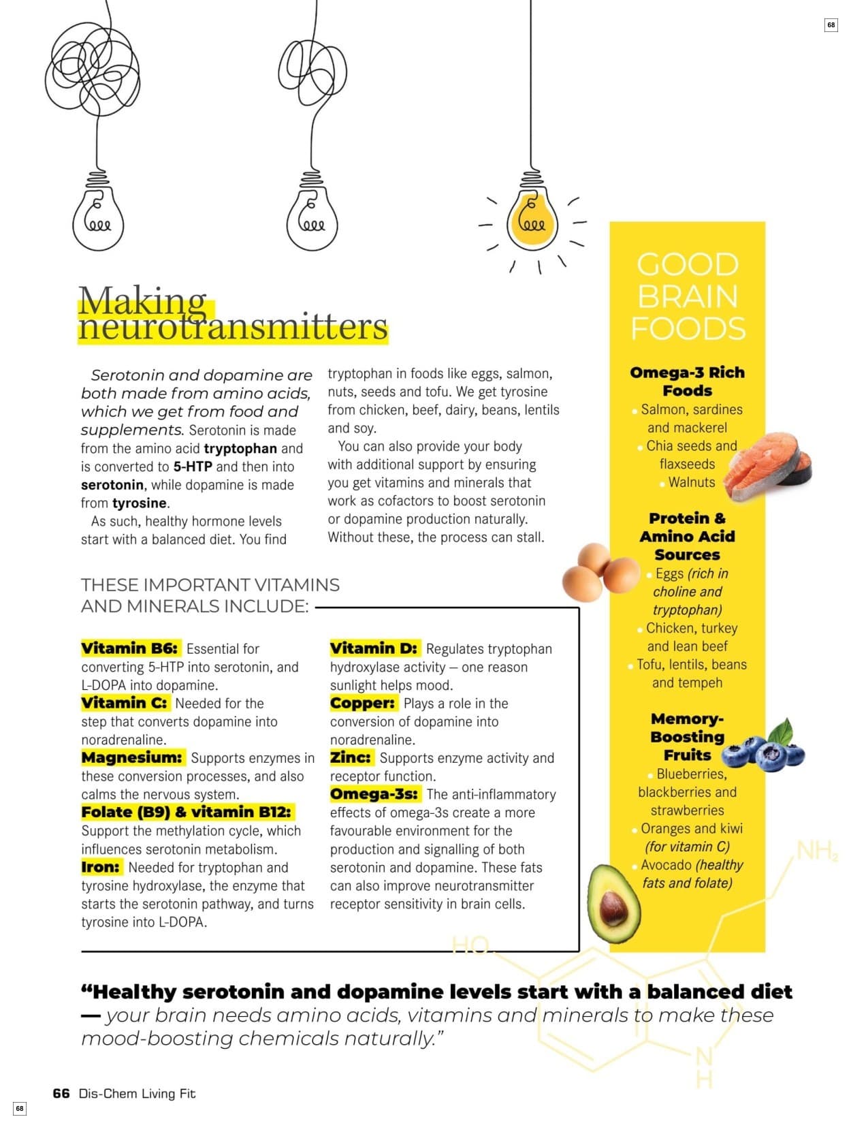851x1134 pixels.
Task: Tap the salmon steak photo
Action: click(767, 467)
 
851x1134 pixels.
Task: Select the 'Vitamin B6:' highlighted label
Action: click(130, 648)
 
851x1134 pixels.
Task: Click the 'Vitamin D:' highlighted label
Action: click(374, 648)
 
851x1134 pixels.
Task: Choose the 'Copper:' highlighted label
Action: click(363, 703)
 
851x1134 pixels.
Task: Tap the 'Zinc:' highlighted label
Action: click(351, 757)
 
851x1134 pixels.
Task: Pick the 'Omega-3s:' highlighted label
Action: click(374, 794)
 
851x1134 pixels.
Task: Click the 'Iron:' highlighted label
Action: click(101, 867)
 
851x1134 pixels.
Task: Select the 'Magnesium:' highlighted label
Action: click(132, 757)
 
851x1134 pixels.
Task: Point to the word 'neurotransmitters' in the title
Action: click(232, 328)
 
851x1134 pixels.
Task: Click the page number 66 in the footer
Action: click(61, 1093)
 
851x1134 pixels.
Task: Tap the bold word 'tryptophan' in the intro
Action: click(240, 449)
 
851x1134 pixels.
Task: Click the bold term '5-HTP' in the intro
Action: click(193, 467)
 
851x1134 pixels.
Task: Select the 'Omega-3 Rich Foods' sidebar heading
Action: click(687, 381)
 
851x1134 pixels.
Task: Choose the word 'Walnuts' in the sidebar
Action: click(692, 482)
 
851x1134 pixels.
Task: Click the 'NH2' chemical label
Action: click(816, 851)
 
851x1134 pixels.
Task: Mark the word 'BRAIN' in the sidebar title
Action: click(688, 297)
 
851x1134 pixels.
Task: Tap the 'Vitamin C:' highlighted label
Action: click(125, 703)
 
